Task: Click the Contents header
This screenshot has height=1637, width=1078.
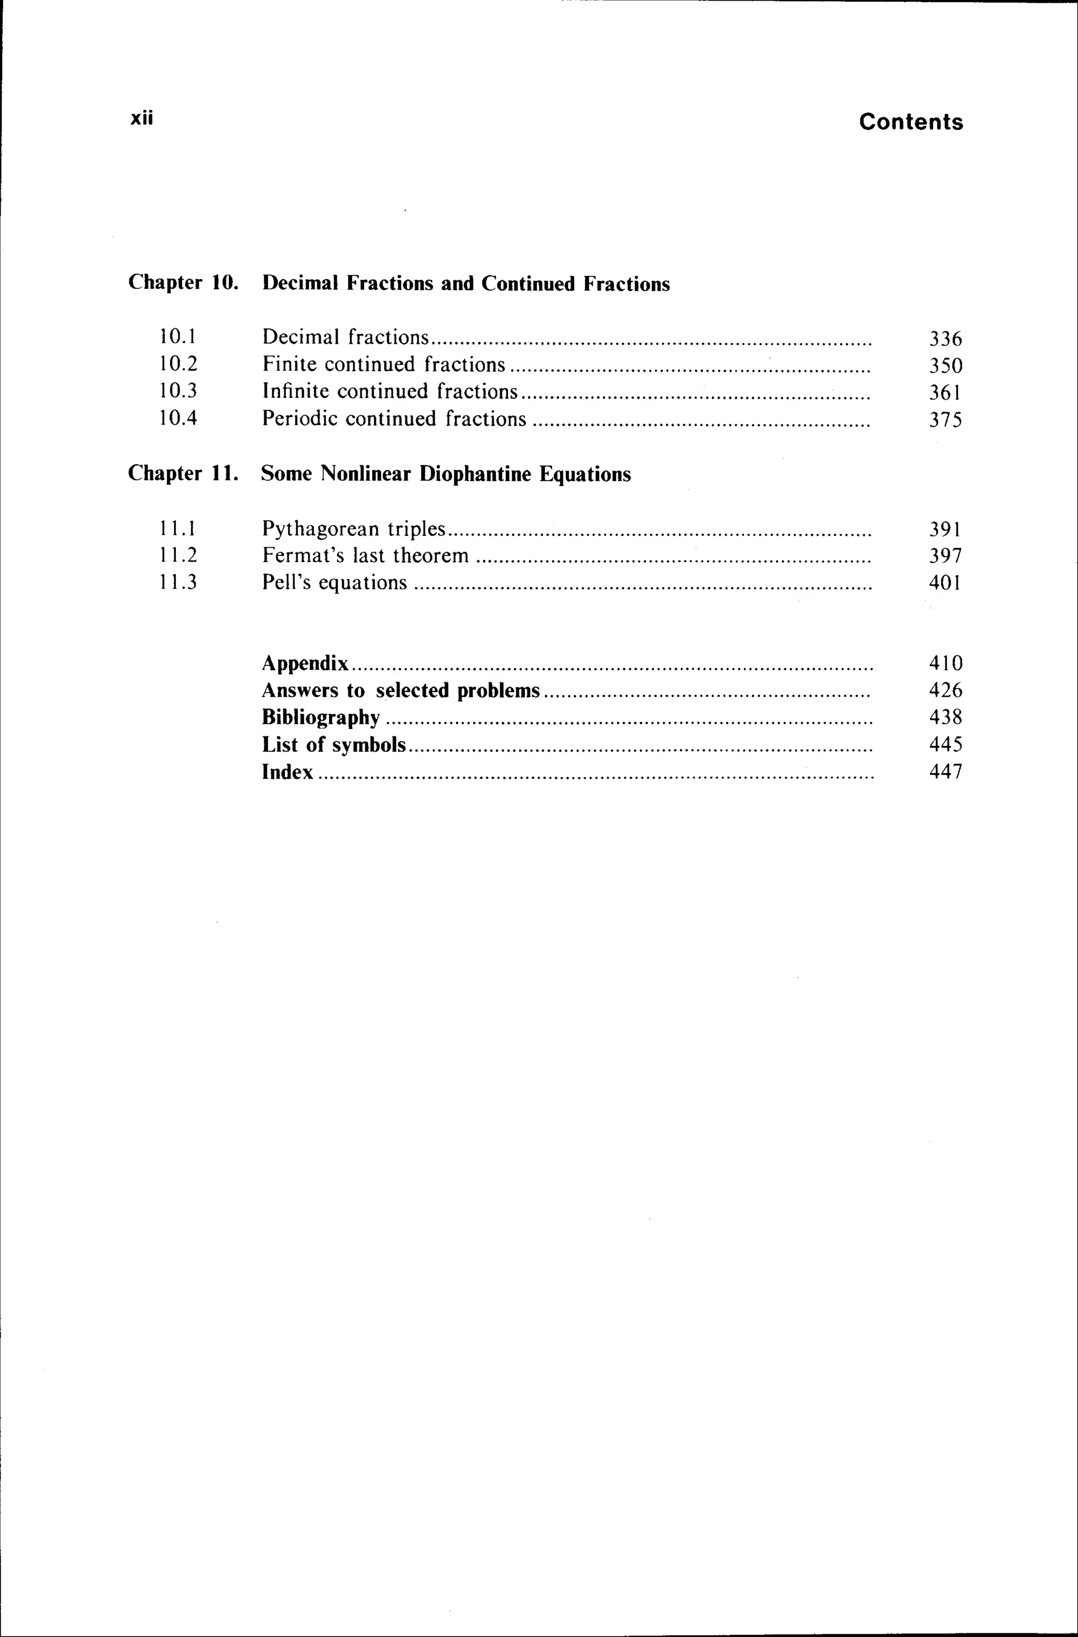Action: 910,122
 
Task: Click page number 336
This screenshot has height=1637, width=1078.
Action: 945,338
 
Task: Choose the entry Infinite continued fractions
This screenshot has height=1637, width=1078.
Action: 390,392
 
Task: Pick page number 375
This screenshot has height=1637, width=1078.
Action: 945,420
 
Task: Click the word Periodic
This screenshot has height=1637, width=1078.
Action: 300,419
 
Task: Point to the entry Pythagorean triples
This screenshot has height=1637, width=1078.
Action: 354,528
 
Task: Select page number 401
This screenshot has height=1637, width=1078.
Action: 945,583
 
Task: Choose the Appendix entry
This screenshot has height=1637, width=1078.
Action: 305,663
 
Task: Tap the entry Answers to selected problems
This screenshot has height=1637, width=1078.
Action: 401,690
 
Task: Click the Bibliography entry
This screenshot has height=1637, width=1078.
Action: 321,717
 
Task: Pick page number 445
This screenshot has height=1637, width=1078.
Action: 945,744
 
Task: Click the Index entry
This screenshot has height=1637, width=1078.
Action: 287,772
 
